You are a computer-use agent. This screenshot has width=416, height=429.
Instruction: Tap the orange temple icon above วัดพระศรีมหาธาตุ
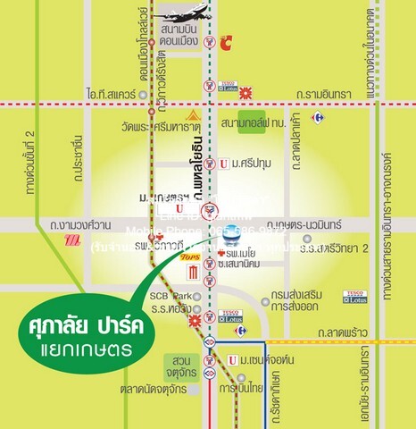point(190,117)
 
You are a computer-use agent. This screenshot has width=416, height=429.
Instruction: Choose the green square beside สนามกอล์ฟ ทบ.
point(247,124)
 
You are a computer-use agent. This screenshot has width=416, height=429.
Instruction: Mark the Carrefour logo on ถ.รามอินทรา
point(316,117)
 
